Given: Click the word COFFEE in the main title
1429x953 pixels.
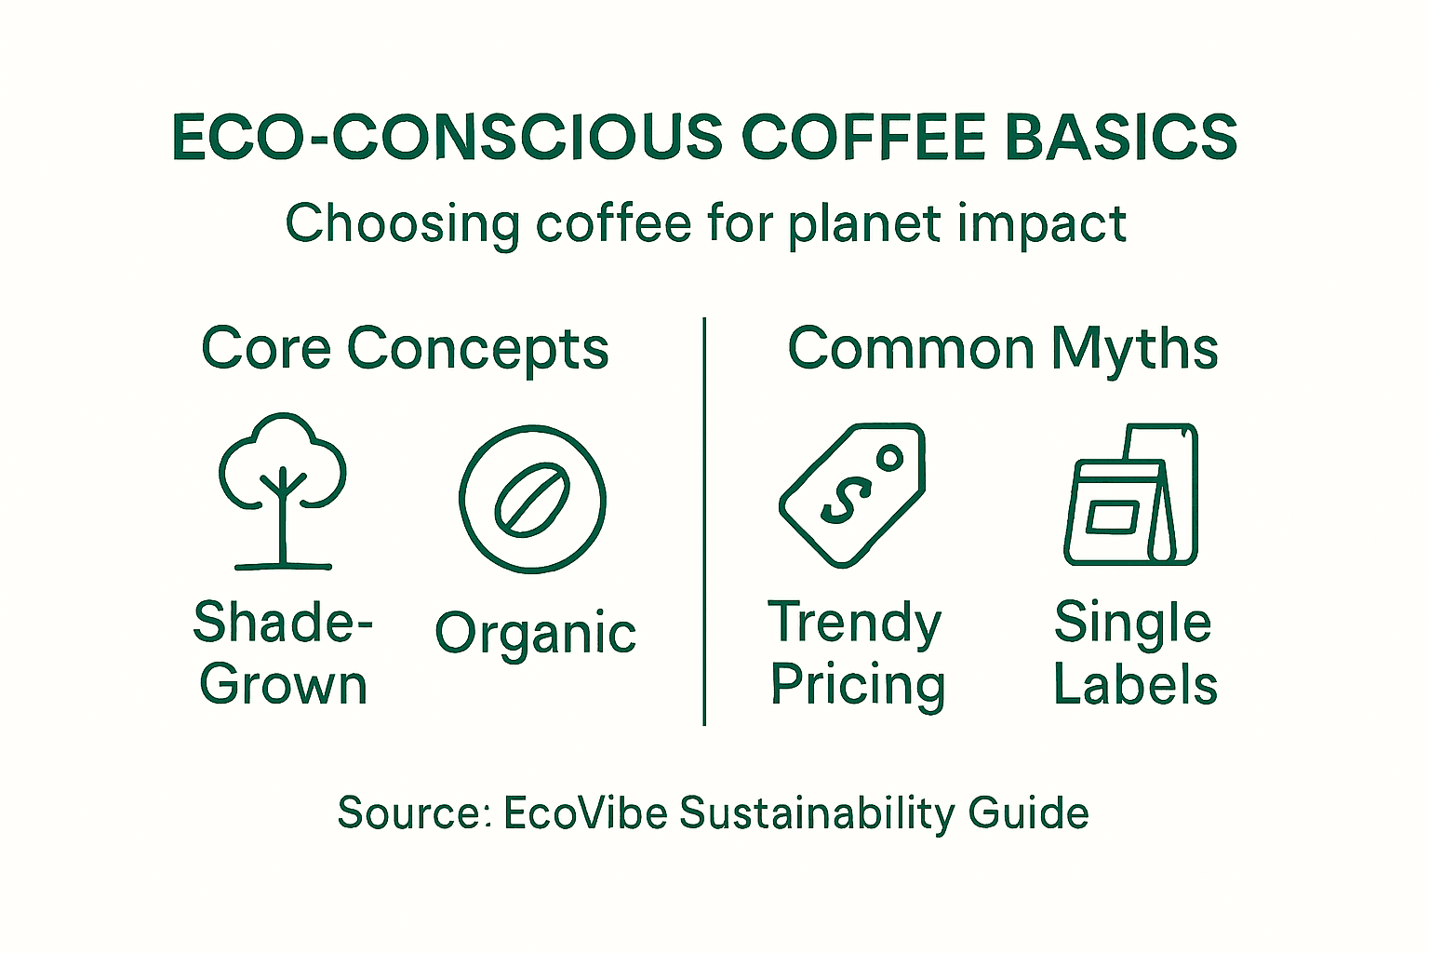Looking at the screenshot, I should pos(863,138).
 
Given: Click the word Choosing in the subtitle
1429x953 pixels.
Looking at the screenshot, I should pos(403,225).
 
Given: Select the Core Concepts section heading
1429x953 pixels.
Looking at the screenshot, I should pos(405,349).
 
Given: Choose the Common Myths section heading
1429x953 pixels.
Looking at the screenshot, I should pos(1003,349).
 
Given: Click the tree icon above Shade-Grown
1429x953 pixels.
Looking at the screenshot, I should pos(282,489).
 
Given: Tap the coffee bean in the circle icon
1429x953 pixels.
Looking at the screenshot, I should pos(532,500).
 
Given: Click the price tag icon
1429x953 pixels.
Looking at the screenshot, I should pos(851,495).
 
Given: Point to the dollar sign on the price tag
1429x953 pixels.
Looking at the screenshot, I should pos(840,503).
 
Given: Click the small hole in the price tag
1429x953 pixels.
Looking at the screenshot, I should pos(889,458).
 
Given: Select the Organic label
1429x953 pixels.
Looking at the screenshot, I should pos(535,634).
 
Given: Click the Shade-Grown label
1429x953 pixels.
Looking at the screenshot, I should pos(283,652).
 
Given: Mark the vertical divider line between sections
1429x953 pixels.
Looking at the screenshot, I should pos(704,521).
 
